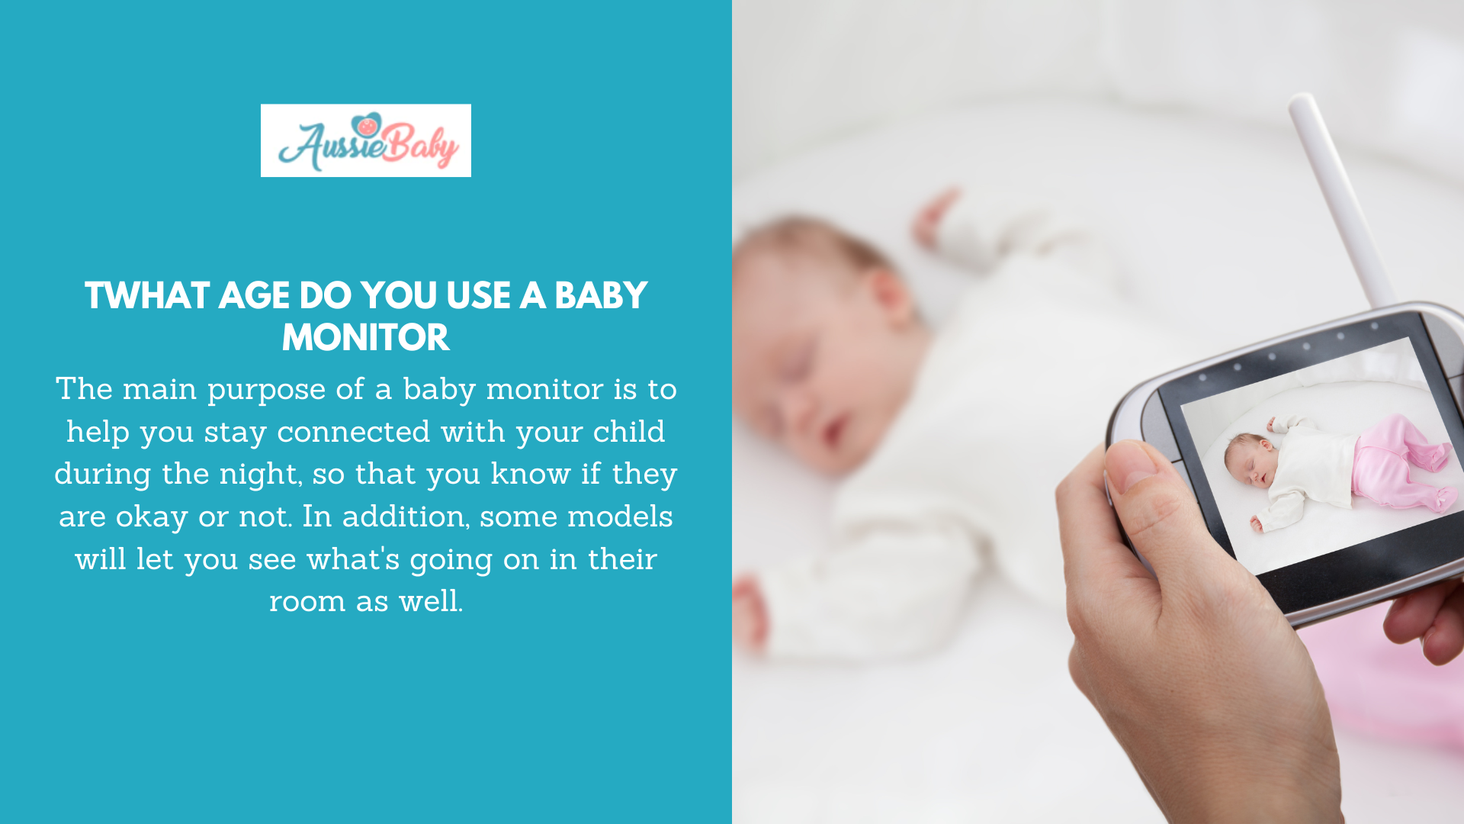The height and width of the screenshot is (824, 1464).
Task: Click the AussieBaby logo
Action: [366, 141]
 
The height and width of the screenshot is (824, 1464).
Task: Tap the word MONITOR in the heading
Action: [366, 338]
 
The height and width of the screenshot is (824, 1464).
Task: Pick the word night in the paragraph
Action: [260, 475]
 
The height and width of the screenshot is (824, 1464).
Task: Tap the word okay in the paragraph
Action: [152, 517]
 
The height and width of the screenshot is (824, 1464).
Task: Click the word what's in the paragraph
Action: [353, 559]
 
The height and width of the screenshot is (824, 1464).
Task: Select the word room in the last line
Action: [307, 602]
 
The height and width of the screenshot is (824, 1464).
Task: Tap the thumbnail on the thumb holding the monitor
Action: [1132, 466]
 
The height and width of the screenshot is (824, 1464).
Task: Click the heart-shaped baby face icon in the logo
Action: [367, 124]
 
